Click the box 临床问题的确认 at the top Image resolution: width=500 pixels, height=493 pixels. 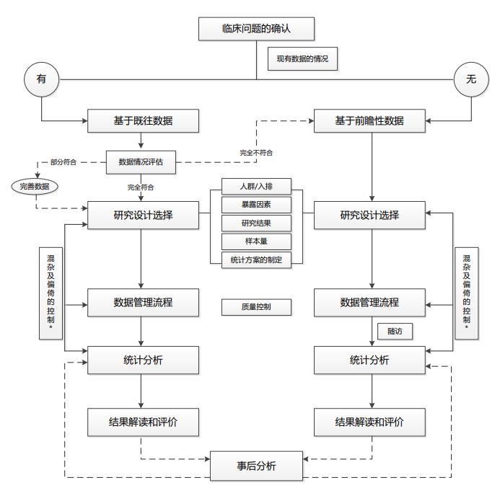click(257, 30)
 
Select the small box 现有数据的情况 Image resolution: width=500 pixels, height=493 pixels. click(302, 59)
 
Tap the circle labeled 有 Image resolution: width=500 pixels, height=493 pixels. click(41, 79)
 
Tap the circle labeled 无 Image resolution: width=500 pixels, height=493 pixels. click(470, 79)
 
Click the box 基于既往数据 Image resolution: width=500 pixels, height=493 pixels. click(143, 120)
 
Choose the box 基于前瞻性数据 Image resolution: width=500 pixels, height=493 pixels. click(369, 120)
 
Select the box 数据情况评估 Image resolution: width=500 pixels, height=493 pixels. click(141, 161)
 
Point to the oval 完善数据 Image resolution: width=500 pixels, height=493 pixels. click(35, 187)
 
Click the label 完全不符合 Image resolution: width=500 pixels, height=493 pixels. click(256, 153)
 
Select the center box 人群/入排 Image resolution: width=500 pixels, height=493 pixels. click(256, 186)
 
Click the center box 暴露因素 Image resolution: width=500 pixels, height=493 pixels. click(256, 205)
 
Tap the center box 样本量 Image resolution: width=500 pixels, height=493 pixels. click(256, 241)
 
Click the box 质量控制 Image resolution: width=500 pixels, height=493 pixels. click(256, 306)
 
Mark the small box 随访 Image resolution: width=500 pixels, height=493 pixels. click(395, 332)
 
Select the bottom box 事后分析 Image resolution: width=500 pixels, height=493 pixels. click(256, 466)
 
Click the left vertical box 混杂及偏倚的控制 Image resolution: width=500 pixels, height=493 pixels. click(51, 293)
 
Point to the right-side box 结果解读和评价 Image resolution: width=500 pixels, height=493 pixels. click(369, 422)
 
